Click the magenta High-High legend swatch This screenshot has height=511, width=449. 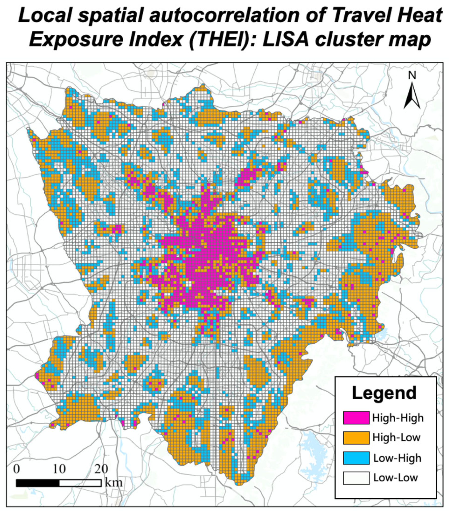click(x=356, y=417)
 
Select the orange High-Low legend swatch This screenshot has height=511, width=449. click(x=356, y=437)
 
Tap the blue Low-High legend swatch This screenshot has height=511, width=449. click(x=356, y=458)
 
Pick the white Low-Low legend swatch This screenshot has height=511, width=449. click(x=356, y=478)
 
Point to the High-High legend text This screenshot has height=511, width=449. click(x=398, y=418)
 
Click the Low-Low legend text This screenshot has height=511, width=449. click(x=395, y=478)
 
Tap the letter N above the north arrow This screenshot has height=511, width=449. click(x=412, y=75)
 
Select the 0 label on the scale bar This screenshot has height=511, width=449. click(x=17, y=469)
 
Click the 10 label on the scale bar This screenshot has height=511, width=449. click(x=59, y=469)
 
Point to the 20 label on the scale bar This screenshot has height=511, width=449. click(x=101, y=469)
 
